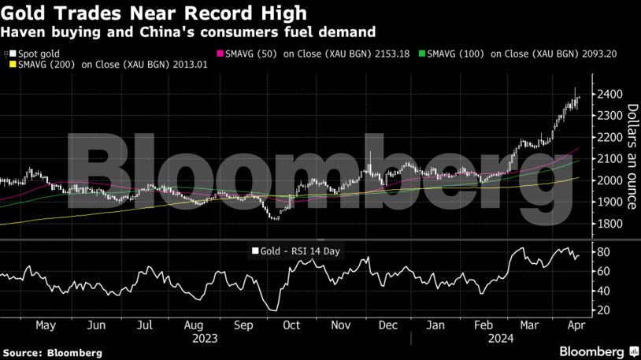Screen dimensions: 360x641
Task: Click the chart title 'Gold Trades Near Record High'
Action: click(155, 13)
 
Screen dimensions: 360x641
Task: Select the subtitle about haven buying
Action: click(188, 32)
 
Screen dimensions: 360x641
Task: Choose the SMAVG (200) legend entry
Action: click(109, 65)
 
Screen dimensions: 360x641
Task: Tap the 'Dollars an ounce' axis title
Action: click(631, 157)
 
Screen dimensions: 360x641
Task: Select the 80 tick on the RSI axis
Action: click(604, 252)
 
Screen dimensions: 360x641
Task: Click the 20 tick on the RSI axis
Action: click(604, 310)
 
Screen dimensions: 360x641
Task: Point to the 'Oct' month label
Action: click(291, 325)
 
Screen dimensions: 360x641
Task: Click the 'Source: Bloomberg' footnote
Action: click(52, 353)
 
